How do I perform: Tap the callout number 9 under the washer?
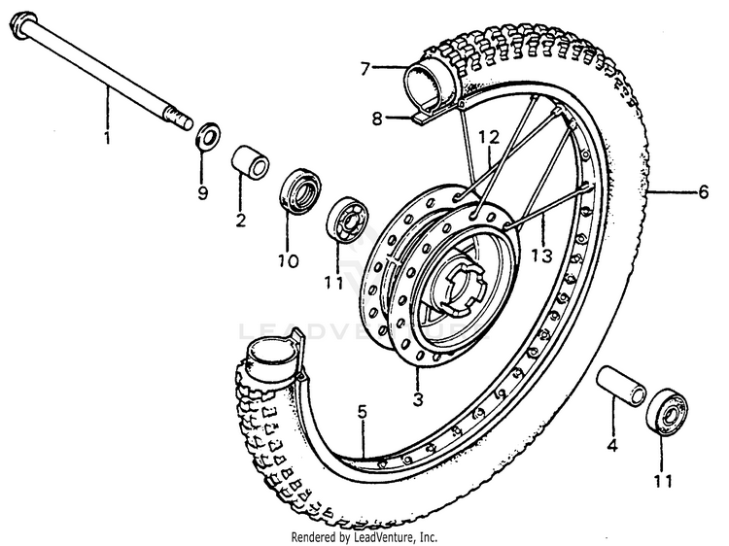[x=202, y=192]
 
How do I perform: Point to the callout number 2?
[x=240, y=220]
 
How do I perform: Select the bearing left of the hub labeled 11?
[x=345, y=222]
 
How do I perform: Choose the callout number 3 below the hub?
[x=418, y=399]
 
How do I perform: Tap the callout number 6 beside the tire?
[x=704, y=192]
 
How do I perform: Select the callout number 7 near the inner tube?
[x=364, y=68]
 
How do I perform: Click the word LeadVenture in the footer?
[x=384, y=536]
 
